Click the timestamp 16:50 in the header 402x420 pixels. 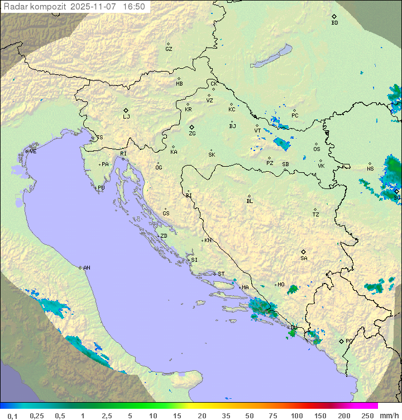134,7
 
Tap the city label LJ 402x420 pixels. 126,116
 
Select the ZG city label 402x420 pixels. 192,133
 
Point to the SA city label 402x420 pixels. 304,258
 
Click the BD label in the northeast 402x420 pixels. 334,22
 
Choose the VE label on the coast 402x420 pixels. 33,151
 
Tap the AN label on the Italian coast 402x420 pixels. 87,268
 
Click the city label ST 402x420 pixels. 221,274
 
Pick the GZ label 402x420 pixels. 169,49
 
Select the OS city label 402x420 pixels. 317,149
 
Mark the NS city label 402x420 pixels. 370,168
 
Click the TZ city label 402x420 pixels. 316,214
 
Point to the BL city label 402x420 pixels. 250,201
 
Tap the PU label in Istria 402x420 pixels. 101,188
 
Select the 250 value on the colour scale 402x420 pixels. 367,416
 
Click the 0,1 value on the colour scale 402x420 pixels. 12,416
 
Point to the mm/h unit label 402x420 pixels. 389,416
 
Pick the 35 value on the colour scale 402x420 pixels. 226,416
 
